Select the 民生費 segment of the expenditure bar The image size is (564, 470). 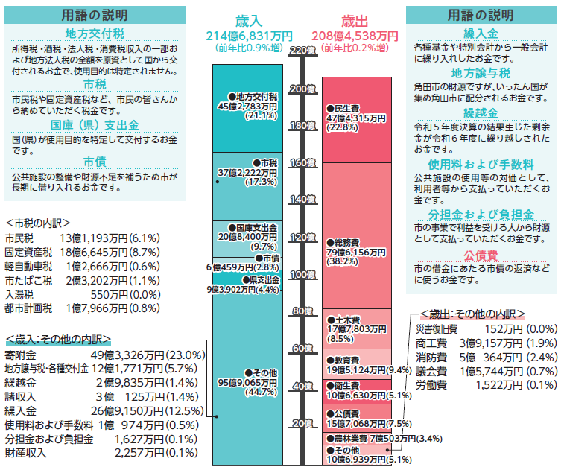[x=356, y=118]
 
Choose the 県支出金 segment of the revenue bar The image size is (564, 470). [x=247, y=284]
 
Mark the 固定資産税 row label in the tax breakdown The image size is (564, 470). [x=28, y=253]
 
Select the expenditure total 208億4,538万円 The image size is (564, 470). [x=355, y=35]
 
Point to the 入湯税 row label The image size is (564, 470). [x=22, y=294]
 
